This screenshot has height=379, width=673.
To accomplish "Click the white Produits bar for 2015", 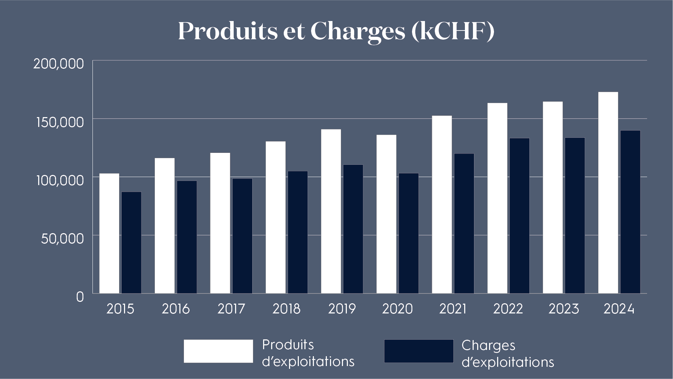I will coord(109,233).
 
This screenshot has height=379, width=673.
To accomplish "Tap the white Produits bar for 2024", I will coord(608,193).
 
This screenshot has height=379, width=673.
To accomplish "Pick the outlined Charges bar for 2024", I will coord(630,212).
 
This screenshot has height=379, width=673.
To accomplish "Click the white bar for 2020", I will coord(386,214).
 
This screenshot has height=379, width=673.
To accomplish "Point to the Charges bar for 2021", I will coord(464,223).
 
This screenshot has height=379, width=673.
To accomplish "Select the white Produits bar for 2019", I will coord(331,211).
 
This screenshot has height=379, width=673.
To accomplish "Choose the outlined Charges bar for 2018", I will coord(298,232).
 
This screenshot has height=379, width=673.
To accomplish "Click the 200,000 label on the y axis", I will coord(59,64).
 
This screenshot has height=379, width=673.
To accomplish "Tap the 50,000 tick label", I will coord(62,238).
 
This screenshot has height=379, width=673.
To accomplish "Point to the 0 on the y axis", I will coord(80,297).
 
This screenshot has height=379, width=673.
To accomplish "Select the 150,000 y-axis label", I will coord(60,122).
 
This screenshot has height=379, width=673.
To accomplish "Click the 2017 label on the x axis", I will coord(231,309).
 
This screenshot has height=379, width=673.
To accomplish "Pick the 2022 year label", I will coord(508,309).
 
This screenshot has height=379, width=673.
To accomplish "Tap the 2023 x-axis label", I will coord(564,309).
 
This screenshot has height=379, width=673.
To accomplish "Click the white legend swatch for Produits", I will coord(218,351).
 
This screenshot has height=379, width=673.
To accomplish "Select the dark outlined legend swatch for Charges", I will coord(419,351).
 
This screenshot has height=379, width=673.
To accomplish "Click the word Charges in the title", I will coord(358,31).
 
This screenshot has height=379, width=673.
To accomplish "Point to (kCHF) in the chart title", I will coord(453,31).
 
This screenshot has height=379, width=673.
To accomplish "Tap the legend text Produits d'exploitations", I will coord(308,353).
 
